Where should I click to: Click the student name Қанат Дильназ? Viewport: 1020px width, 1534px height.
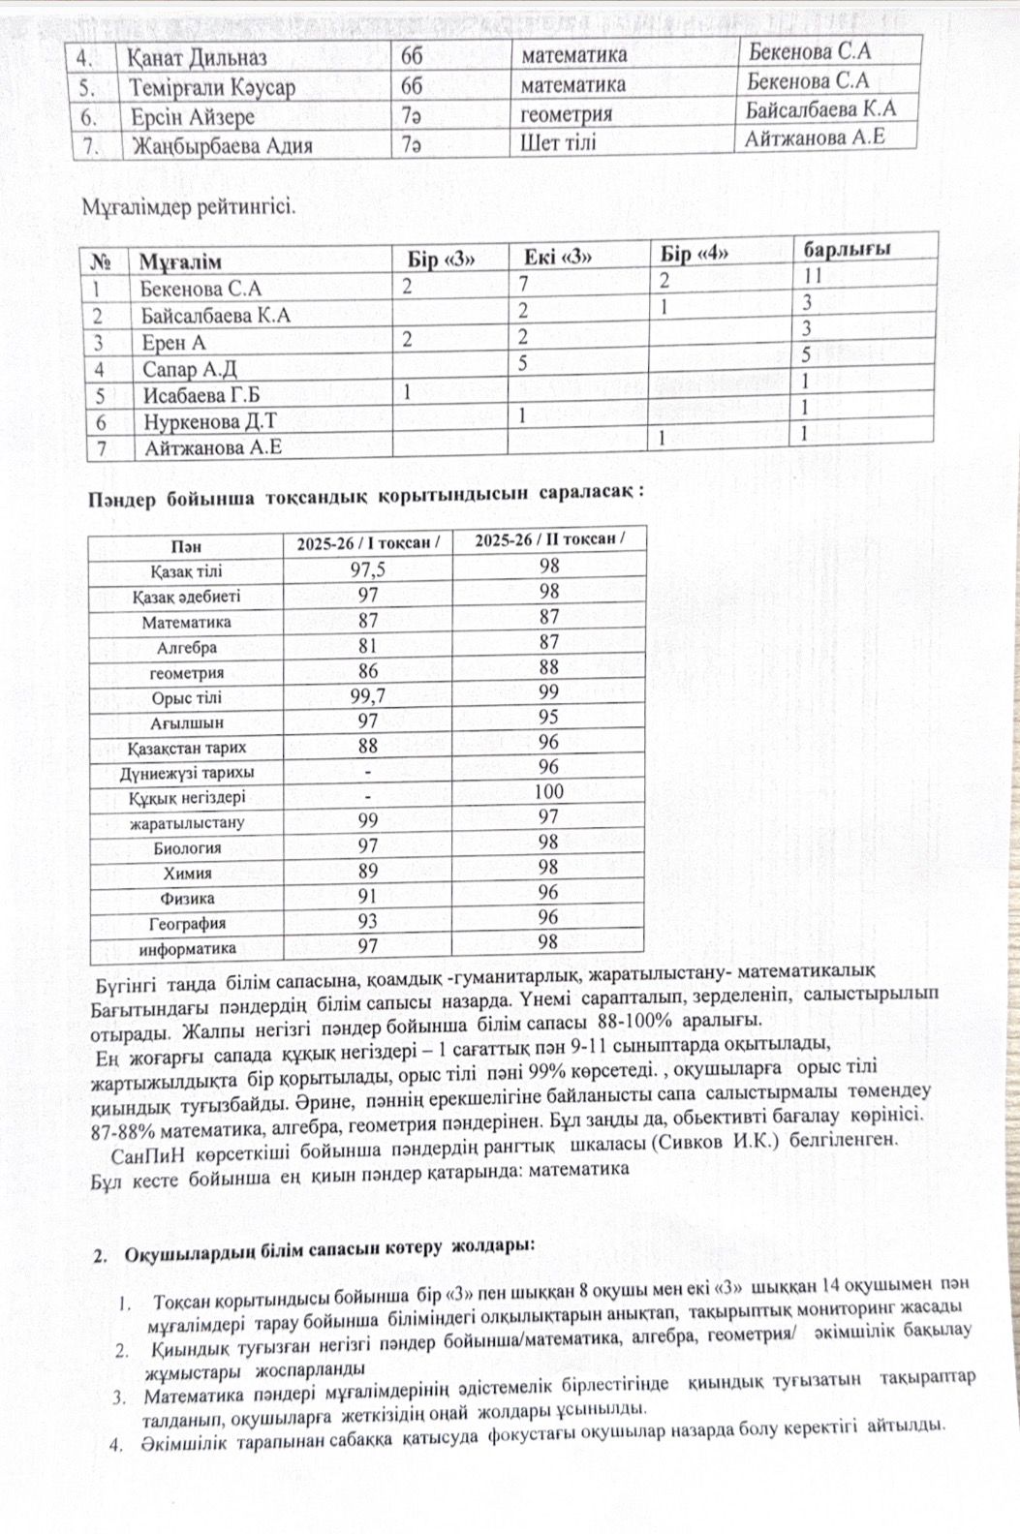198,57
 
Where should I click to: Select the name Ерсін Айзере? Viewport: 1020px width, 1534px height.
193,117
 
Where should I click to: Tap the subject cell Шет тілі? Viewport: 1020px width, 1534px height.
558,143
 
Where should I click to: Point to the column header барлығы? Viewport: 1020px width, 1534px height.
847,249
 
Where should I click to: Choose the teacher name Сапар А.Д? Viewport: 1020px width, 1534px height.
190,369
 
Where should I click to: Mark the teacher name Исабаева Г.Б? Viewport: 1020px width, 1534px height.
201,395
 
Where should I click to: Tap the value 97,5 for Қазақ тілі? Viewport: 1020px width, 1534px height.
367,570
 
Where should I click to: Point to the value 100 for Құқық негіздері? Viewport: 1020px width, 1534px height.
548,791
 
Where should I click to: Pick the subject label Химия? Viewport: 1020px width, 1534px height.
187,873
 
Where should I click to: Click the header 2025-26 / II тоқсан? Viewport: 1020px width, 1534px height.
548,539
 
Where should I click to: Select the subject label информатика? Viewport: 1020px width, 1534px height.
187,949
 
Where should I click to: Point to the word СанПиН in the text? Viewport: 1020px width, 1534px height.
148,1157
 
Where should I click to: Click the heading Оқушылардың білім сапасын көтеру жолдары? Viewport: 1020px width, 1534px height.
329,1253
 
